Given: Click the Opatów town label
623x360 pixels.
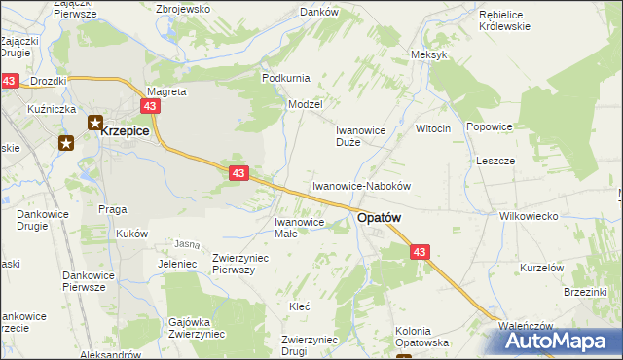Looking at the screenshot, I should pos(381,219).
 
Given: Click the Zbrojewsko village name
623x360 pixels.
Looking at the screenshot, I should pos(183,9).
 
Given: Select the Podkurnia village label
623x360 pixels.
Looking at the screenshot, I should pos(285,77).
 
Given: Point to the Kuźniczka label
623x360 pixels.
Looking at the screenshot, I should pos(53,109).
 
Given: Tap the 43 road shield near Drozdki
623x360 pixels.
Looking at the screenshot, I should pos(10,82).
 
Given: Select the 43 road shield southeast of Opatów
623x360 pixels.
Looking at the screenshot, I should pos(420,252).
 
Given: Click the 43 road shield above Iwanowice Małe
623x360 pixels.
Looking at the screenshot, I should pos(239,172).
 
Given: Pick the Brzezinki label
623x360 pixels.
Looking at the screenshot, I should pos(585,291).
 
